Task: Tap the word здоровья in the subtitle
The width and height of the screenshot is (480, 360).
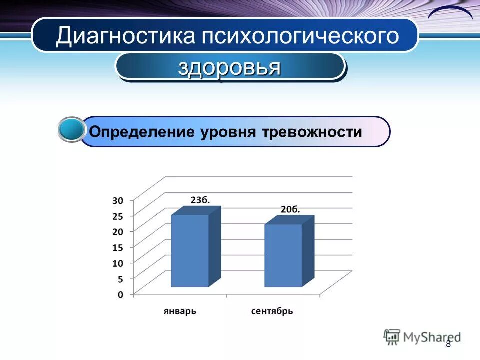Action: pos(229,67)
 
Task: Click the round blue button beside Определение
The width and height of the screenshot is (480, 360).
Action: pos(71,130)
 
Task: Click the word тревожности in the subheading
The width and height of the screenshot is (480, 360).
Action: pos(310,132)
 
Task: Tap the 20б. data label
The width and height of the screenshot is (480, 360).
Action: pos(290,209)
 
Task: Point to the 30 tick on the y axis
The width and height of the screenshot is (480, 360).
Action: pos(117,200)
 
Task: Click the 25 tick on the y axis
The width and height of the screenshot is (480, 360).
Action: pos(117,216)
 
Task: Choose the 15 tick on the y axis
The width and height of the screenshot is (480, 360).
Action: pos(117,247)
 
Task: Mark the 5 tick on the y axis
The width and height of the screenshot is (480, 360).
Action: pos(120,278)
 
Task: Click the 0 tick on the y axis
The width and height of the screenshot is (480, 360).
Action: pos(120,294)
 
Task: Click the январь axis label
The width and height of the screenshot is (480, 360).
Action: pos(180,311)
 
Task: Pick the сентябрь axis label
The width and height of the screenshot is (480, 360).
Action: pos(272,311)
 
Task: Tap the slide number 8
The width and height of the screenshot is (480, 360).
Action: pos(448,344)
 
